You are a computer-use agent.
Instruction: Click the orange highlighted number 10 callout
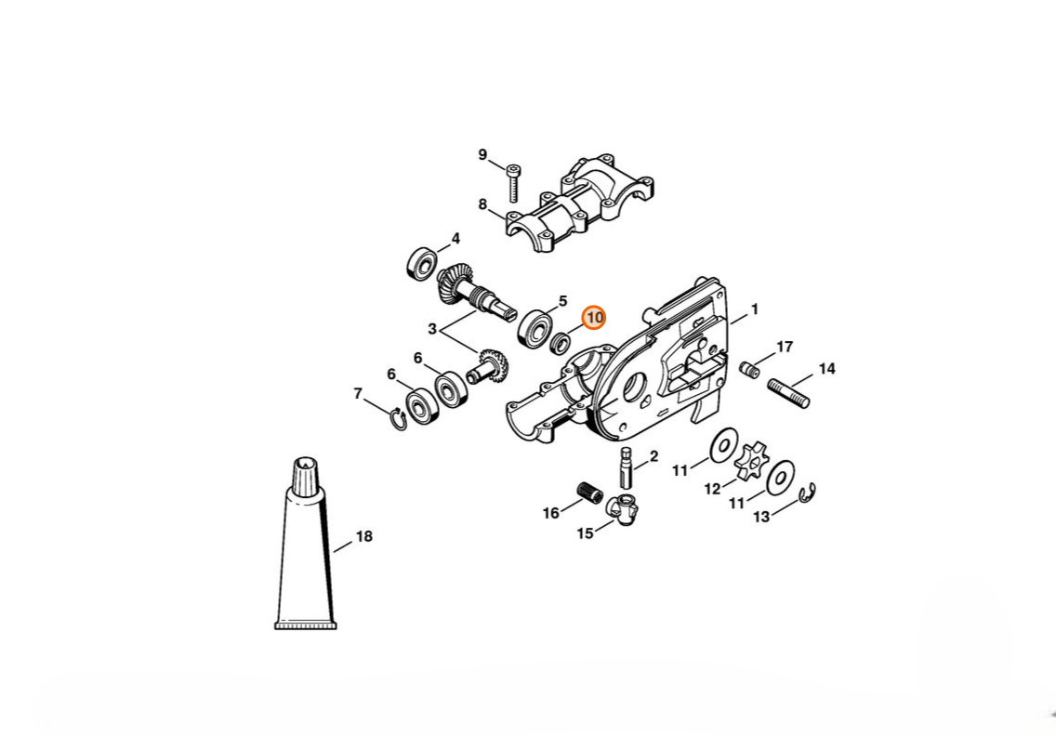(x=594, y=317)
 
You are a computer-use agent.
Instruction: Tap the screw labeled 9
(x=513, y=182)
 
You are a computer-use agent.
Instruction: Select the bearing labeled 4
(x=422, y=264)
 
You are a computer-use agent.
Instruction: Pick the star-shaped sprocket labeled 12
(x=748, y=462)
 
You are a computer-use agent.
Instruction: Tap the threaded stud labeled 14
(x=788, y=393)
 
